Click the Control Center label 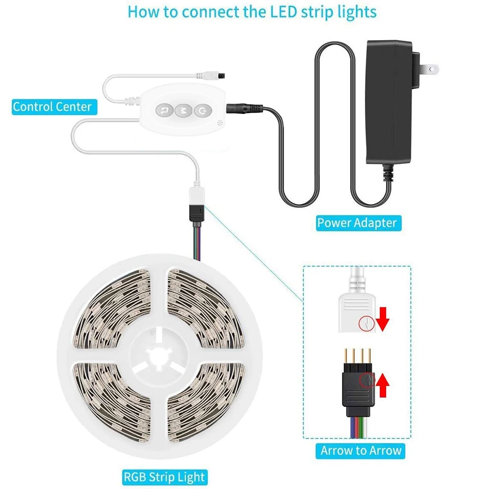(52, 107)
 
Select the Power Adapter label (356, 223)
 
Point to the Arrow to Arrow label (361, 450)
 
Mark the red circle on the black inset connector (364, 381)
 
